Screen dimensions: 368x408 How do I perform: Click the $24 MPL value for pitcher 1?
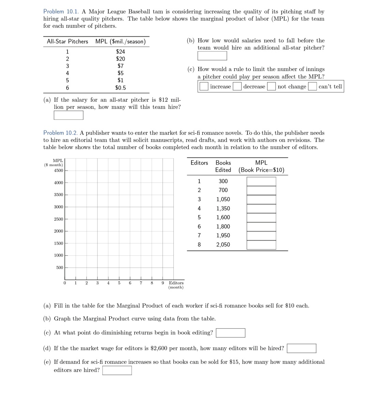coord(120,51)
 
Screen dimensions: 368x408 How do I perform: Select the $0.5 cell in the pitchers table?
coord(120,88)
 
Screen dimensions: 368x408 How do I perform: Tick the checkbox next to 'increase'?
coord(204,87)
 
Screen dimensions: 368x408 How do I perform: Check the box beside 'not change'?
coord(272,87)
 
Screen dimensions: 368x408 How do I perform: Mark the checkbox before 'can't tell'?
coord(312,87)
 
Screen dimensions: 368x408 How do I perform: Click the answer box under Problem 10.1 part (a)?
coord(68,115)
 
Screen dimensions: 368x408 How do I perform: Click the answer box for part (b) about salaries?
coord(212,56)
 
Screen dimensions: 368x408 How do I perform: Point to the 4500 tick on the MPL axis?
coord(58,170)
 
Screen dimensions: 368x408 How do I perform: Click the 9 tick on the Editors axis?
coord(163,283)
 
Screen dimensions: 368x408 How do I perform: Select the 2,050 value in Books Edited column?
coord(223,244)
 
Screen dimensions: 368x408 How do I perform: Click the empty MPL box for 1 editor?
coord(261,181)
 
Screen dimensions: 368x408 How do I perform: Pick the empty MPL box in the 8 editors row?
coord(261,245)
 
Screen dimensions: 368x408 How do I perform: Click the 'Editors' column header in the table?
coord(199,163)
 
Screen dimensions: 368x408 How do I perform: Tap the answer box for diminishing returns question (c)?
coord(230,333)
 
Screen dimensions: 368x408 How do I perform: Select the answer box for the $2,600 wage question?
coord(301,348)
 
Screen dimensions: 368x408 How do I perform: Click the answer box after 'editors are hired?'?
coord(117,370)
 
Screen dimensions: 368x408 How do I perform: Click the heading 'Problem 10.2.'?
coord(61,133)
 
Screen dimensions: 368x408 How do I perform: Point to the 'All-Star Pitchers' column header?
coord(67,41)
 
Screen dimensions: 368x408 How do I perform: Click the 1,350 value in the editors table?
coord(223,208)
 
